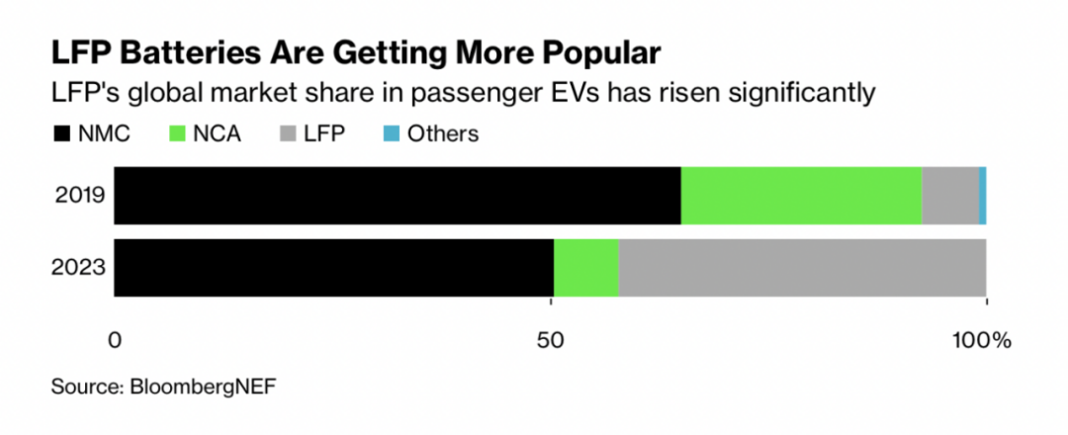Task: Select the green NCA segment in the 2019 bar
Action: [x=801, y=195]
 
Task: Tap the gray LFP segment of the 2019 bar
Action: [x=950, y=195]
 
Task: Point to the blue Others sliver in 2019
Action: [x=982, y=195]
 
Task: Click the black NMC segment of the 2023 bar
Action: [x=334, y=267]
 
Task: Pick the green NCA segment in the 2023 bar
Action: [x=585, y=267]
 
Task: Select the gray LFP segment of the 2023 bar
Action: [x=802, y=267]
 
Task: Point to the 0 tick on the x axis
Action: [x=116, y=342]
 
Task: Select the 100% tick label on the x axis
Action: [x=982, y=342]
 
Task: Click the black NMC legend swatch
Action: [x=62, y=133]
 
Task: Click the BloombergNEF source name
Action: [x=203, y=386]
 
